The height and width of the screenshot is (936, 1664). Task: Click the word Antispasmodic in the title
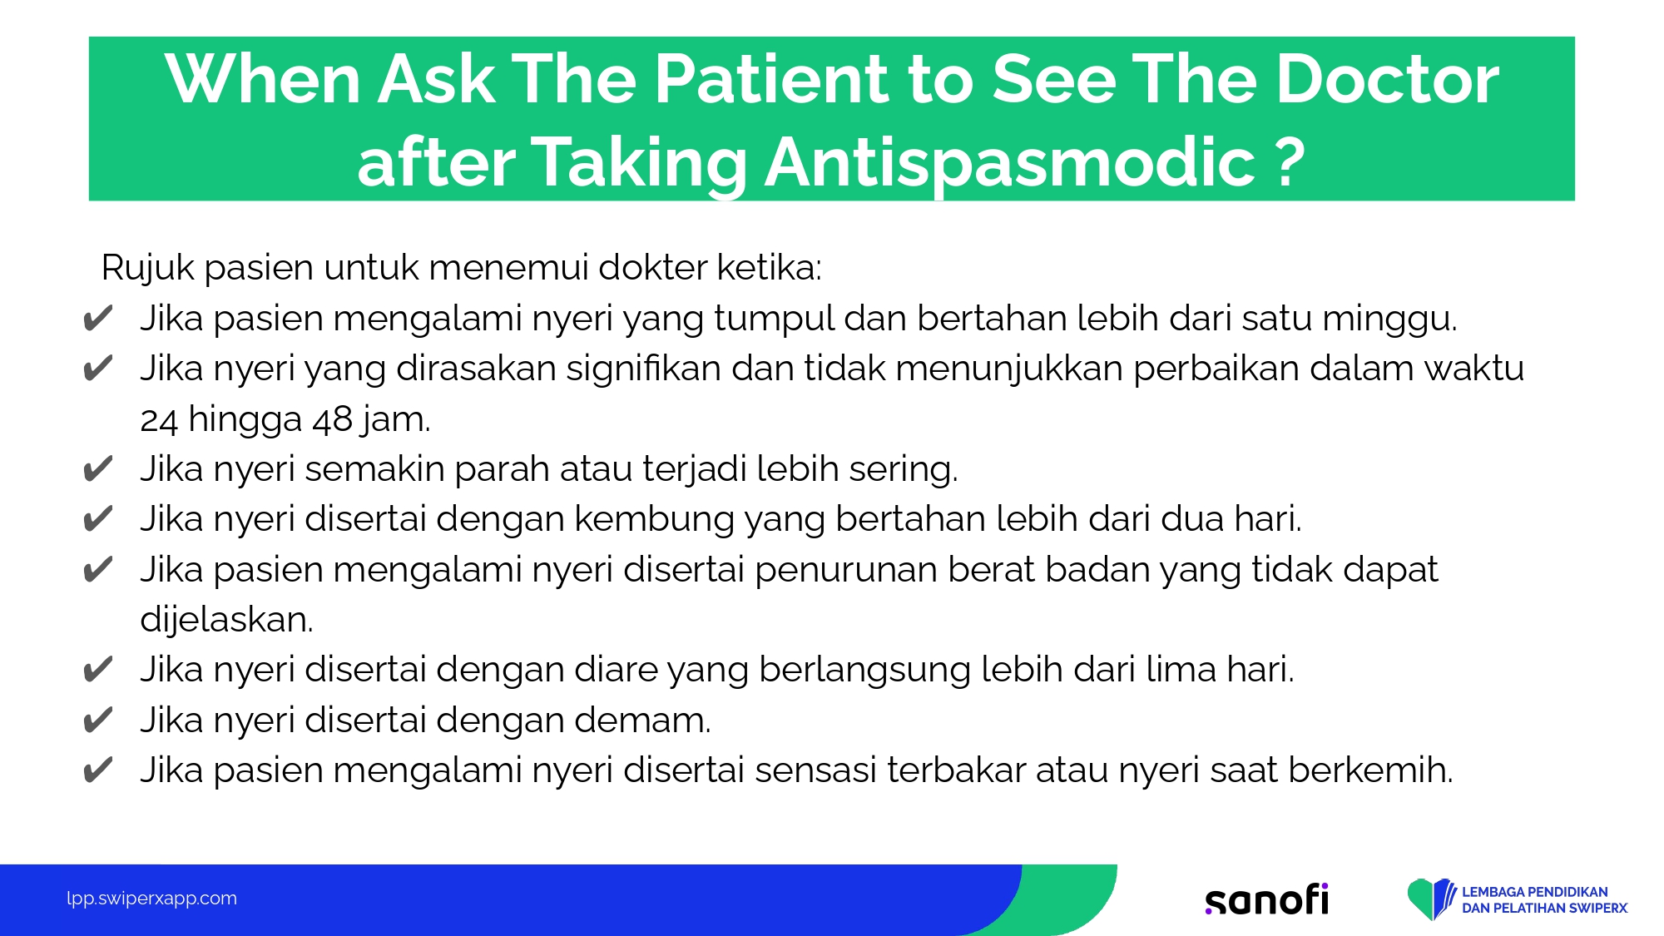click(x=1009, y=162)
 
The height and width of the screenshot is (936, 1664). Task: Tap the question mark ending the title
click(x=1290, y=162)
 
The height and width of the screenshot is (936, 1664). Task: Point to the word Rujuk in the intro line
click(x=148, y=269)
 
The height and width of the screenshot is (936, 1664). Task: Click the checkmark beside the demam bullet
click(x=98, y=720)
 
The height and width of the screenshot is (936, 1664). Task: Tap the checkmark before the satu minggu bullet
click(x=98, y=319)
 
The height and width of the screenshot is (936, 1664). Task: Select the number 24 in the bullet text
click(x=159, y=420)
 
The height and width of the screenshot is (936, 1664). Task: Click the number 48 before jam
click(x=333, y=420)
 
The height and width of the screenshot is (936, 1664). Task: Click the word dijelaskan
click(x=226, y=620)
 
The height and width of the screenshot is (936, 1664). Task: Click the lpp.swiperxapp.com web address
click(x=151, y=899)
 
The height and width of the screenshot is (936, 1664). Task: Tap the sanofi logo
click(x=1267, y=899)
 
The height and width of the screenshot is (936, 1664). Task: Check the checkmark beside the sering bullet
click(x=98, y=469)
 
